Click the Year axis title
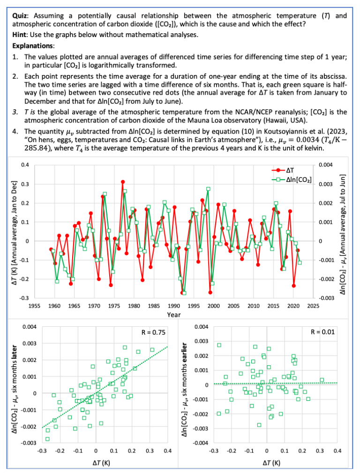click(x=174, y=315)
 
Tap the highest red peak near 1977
click(x=123, y=181)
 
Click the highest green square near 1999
click(x=208, y=189)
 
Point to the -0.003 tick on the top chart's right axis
click(x=325, y=299)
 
